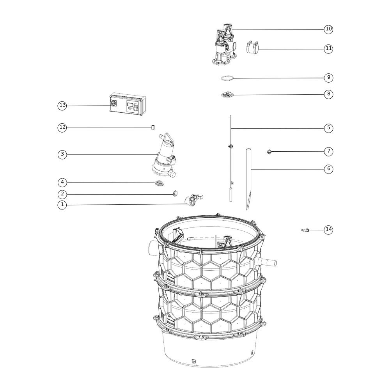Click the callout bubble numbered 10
[328, 29]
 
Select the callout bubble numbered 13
[62, 105]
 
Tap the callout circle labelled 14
[328, 229]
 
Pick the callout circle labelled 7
[328, 151]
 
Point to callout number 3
[62, 154]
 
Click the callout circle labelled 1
[62, 205]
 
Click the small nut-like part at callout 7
[269, 151]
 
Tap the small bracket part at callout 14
[305, 230]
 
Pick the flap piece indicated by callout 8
[228, 94]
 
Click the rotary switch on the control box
[113, 103]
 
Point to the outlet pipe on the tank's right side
[266, 262]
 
